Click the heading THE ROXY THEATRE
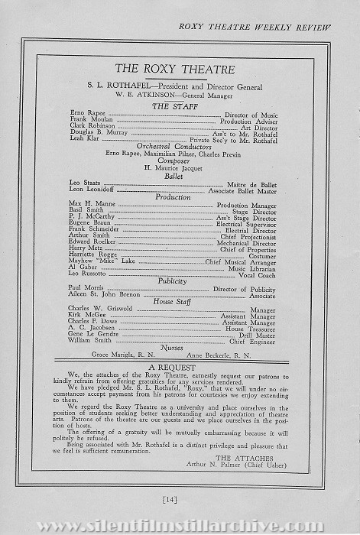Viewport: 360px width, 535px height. click(x=181, y=70)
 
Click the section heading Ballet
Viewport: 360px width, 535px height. click(x=181, y=176)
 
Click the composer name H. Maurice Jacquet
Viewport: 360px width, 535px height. click(x=181, y=168)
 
